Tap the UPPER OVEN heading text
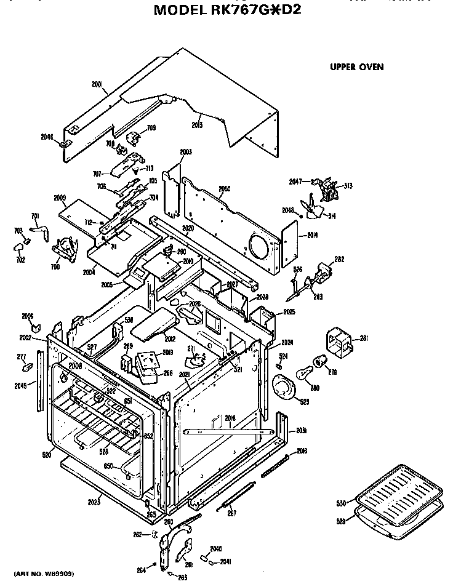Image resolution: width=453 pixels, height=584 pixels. pos(356,66)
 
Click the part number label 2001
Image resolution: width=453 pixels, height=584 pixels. pos(98,87)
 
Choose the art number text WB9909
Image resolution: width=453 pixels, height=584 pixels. pos(44,573)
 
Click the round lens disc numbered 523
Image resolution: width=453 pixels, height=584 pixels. pos(284,389)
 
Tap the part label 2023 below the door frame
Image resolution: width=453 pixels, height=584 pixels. pos(94,502)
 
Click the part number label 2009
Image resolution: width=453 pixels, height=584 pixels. pos(60,198)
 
